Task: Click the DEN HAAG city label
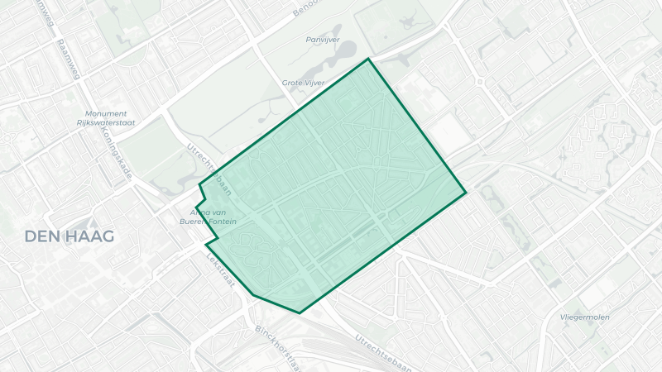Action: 70,236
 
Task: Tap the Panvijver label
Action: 323,39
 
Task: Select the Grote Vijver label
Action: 304,83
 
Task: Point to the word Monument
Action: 106,113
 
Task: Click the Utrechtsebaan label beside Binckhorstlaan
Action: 384,351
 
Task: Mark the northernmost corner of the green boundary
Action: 369,59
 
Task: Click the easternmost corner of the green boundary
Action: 467,193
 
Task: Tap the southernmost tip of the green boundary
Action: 299,313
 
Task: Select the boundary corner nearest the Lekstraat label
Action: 207,246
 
